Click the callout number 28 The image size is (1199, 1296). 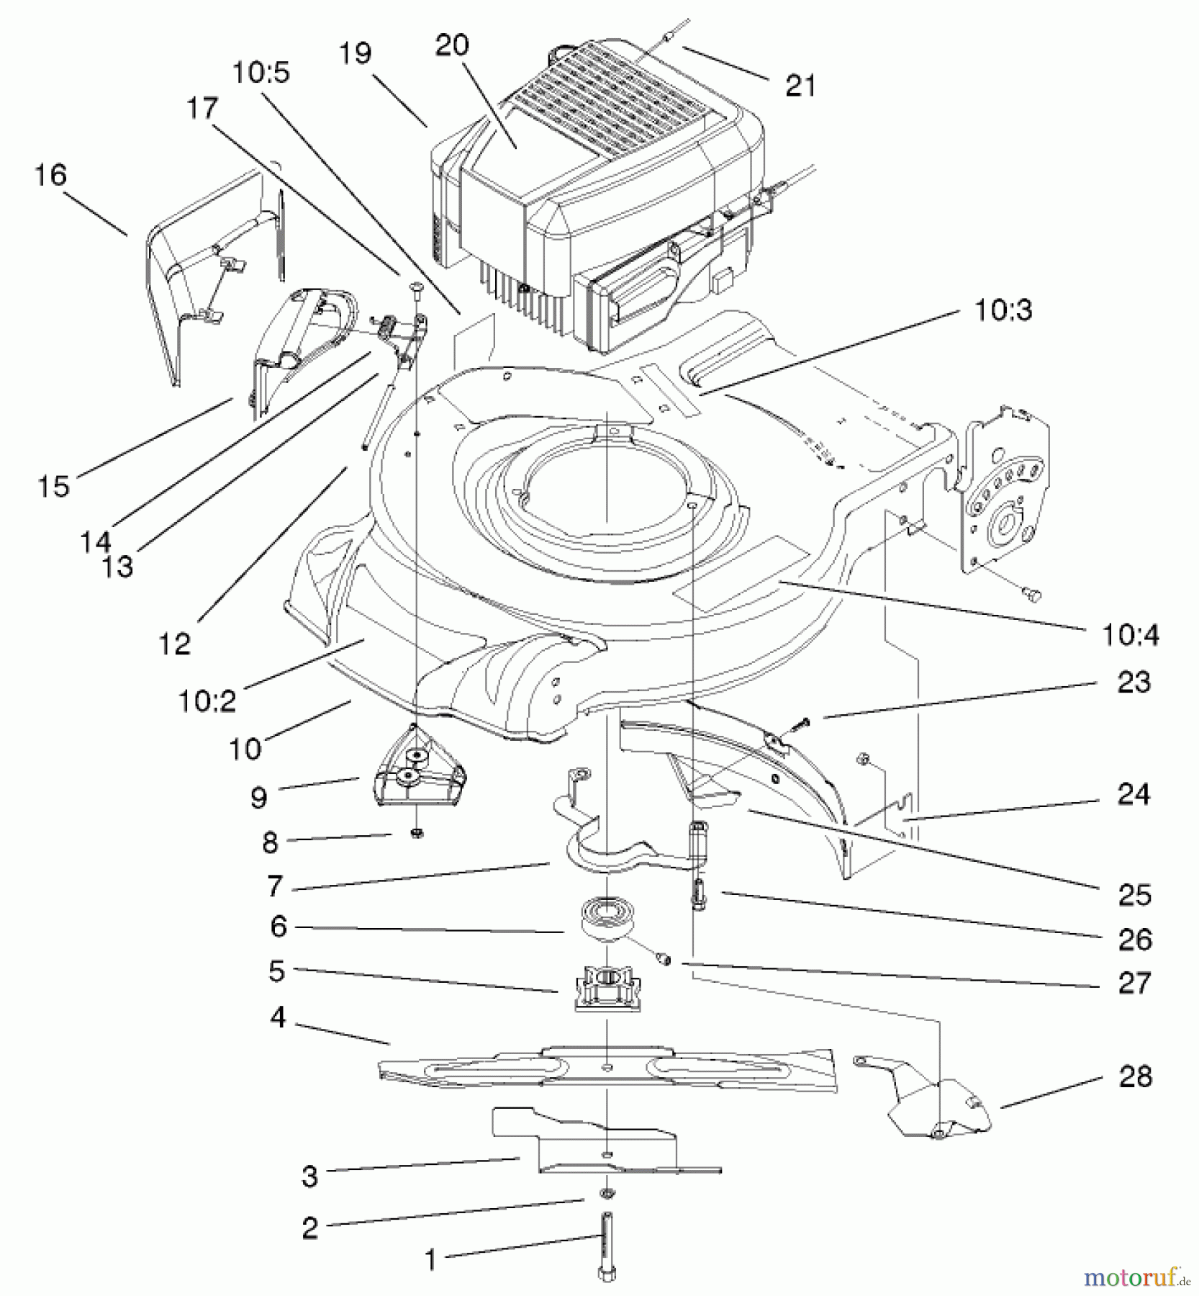1135,1077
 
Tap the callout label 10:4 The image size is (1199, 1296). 1130,635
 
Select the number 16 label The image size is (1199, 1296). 50,175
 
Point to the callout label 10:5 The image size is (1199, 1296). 261,73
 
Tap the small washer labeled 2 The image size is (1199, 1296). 607,1194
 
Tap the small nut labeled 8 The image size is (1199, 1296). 417,833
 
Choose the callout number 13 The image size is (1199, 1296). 117,567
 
